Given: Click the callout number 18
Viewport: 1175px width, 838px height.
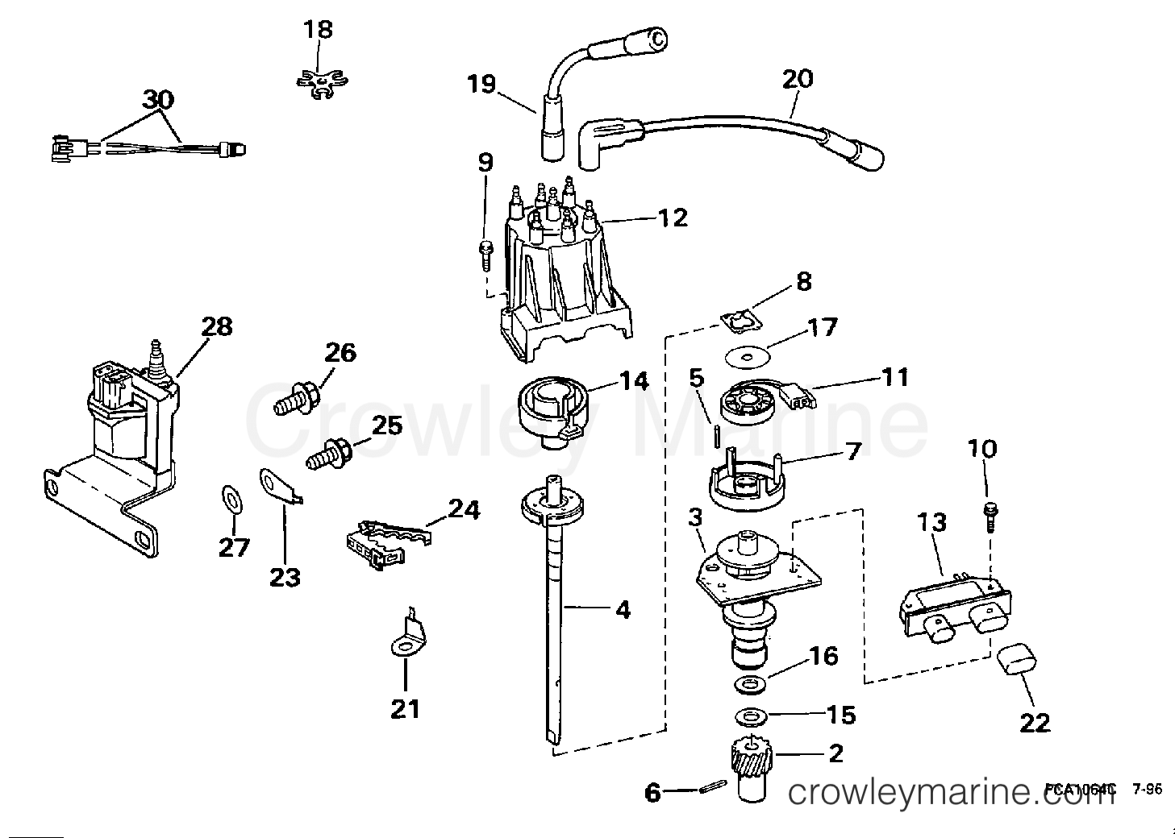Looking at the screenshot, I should [317, 30].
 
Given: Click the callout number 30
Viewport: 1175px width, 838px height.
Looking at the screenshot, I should [158, 101].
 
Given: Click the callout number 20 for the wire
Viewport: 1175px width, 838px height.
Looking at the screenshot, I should [797, 79].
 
